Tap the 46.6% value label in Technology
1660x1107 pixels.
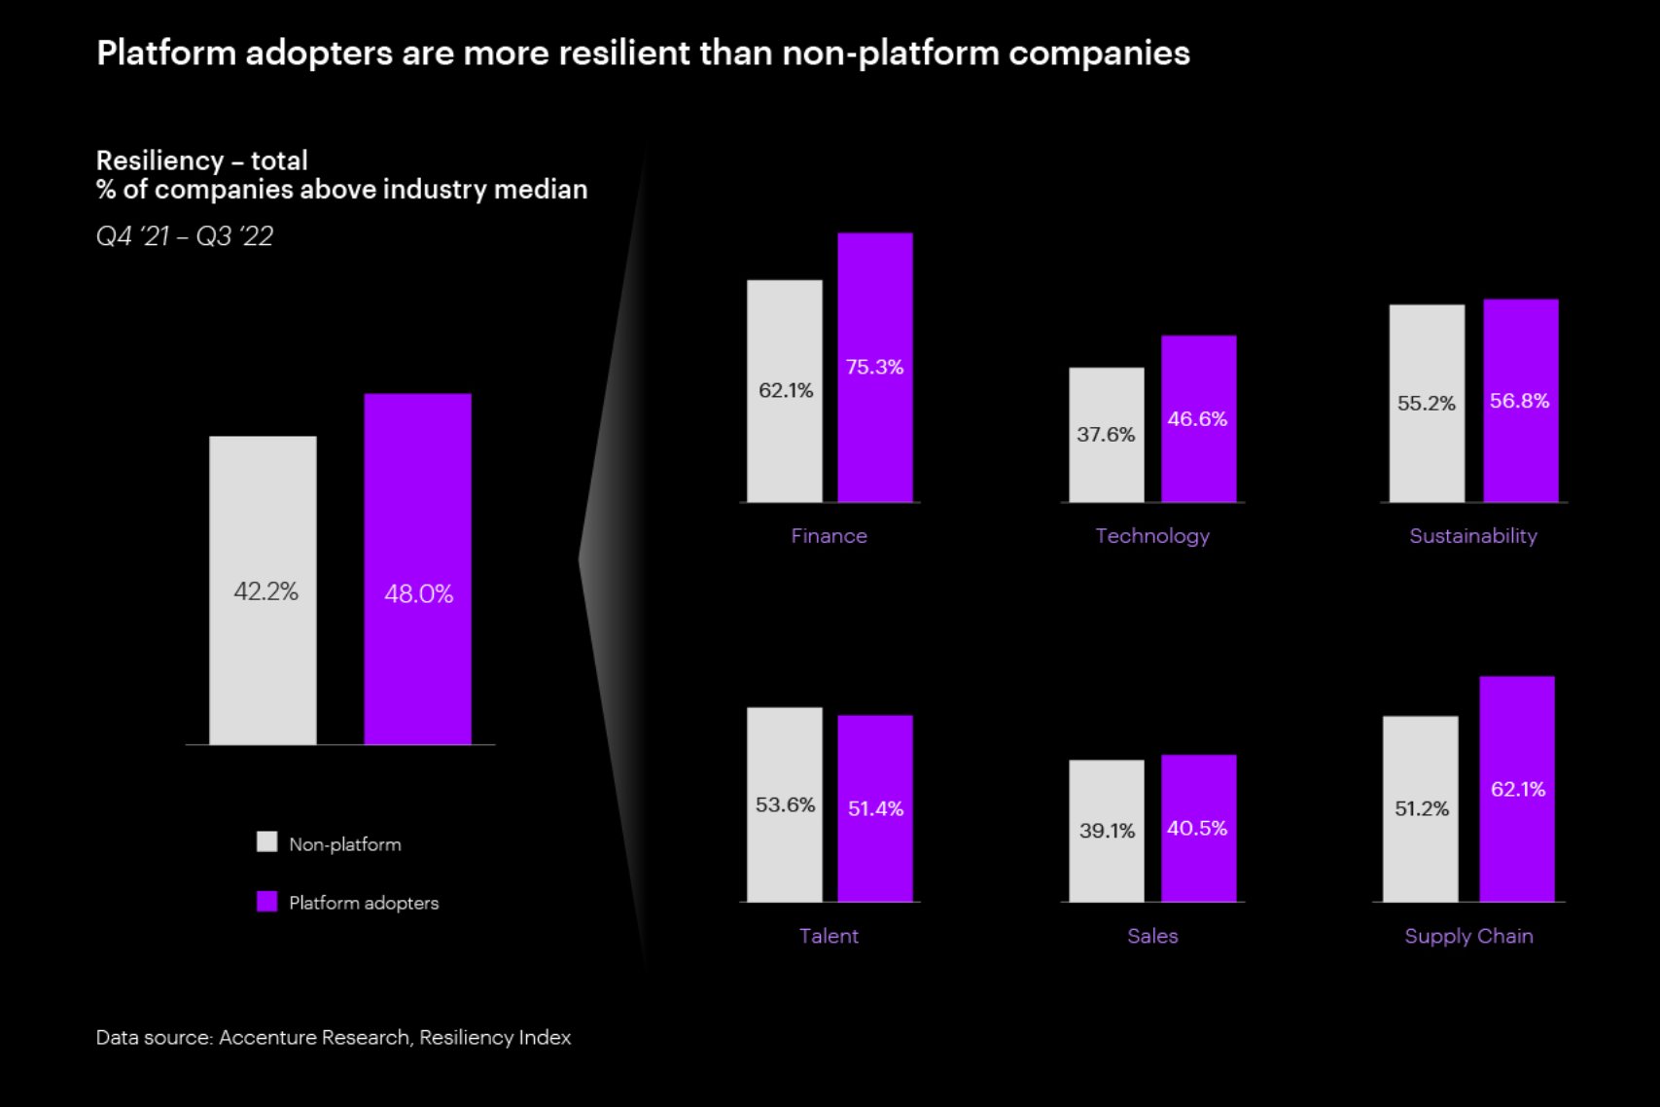pos(1197,419)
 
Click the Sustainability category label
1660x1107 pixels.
pos(1472,536)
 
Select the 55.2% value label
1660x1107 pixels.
pos(1426,404)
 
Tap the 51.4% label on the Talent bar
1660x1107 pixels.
pos(875,808)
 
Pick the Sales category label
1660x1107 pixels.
pos(1152,936)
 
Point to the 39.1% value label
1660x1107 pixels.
pos(1107,831)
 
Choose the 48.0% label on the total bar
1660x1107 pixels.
pos(418,594)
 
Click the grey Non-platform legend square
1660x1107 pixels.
pos(266,842)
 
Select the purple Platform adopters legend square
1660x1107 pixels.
pos(266,902)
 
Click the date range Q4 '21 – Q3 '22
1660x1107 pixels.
pos(185,236)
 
